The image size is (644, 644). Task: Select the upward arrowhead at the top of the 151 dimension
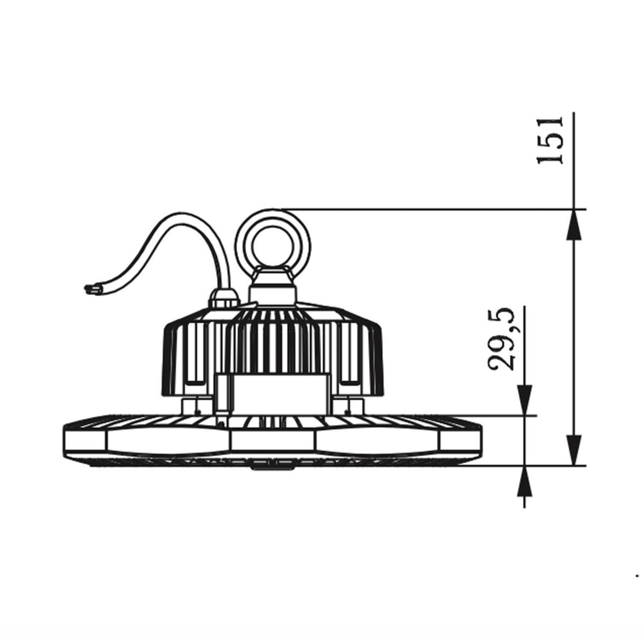(574, 224)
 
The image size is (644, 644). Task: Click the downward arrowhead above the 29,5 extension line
(524, 401)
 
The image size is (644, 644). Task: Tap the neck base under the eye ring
(273, 290)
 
